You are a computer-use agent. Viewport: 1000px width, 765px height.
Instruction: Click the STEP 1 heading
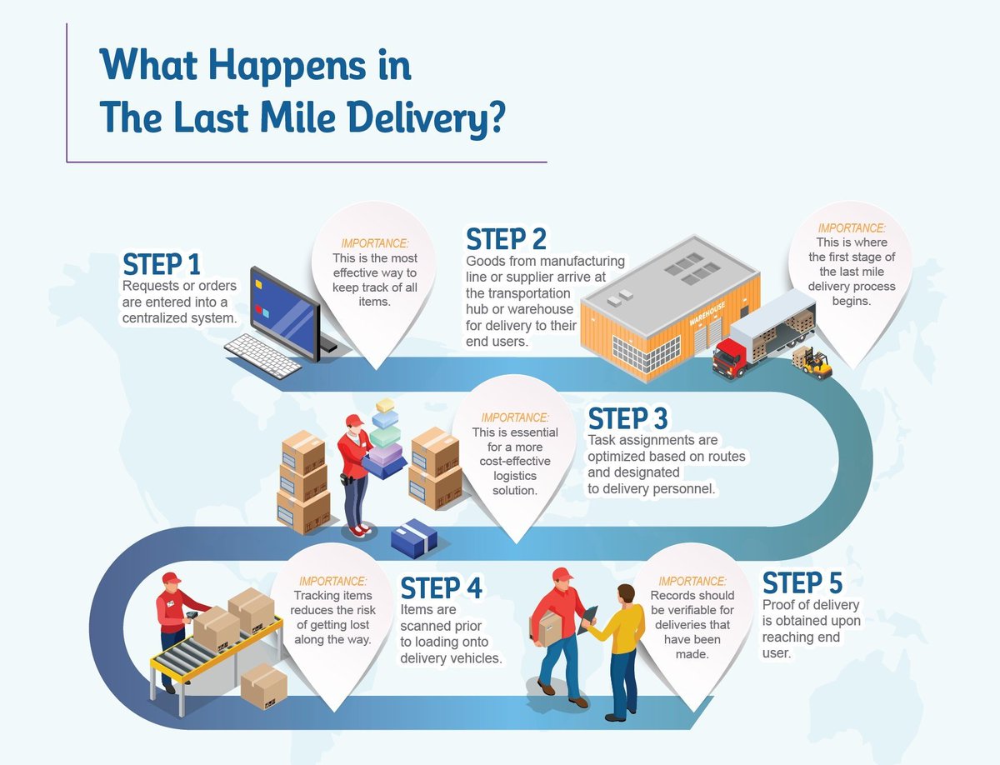click(162, 263)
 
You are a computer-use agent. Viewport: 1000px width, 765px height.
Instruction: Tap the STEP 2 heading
click(506, 239)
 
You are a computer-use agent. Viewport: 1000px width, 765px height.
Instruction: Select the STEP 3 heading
click(627, 417)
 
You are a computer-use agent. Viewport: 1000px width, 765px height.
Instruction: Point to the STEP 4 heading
click(441, 587)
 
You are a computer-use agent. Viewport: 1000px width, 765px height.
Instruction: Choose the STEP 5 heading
click(802, 582)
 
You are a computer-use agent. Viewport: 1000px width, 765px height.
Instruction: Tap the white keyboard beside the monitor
click(262, 356)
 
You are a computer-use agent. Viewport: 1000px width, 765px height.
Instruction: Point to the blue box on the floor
click(414, 538)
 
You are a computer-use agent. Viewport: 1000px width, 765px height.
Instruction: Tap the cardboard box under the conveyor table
click(264, 686)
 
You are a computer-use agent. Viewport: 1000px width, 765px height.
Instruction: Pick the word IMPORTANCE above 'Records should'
click(692, 581)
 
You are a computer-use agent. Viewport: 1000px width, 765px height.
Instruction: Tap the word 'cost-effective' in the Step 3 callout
click(503, 462)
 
